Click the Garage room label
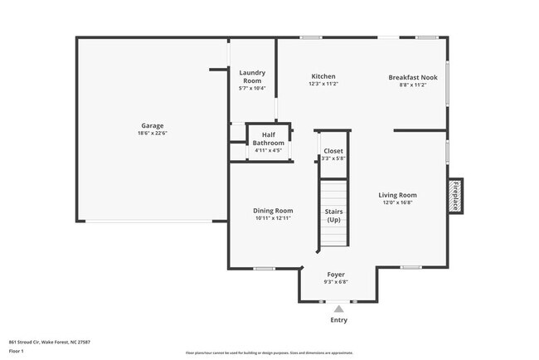tap(151, 126)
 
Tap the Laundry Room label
tap(251, 76)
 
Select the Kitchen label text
tap(323, 76)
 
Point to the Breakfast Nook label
tap(406, 77)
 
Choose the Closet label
tap(333, 151)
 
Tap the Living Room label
tap(399, 195)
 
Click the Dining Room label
tap(273, 211)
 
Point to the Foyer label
tap(335, 274)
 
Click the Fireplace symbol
tap(454, 195)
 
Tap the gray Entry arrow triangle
tap(338, 309)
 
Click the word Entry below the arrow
tap(338, 320)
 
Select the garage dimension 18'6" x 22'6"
tap(153, 133)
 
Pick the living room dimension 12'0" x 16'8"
tap(399, 202)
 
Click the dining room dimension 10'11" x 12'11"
tap(273, 218)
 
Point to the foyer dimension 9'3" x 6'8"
tap(335, 281)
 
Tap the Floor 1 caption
tap(17, 351)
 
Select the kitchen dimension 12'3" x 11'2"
tap(323, 84)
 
